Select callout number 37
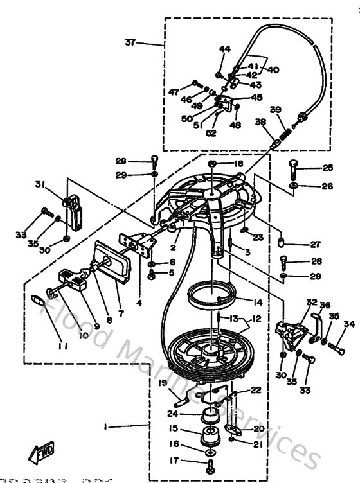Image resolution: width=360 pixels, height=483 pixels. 130,42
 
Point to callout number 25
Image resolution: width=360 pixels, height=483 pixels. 328,168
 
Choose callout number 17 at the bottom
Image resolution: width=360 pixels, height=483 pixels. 174,460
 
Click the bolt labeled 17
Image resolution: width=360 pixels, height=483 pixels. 210,462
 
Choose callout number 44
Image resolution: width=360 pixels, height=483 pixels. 224,49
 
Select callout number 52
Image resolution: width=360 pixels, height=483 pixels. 212,134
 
